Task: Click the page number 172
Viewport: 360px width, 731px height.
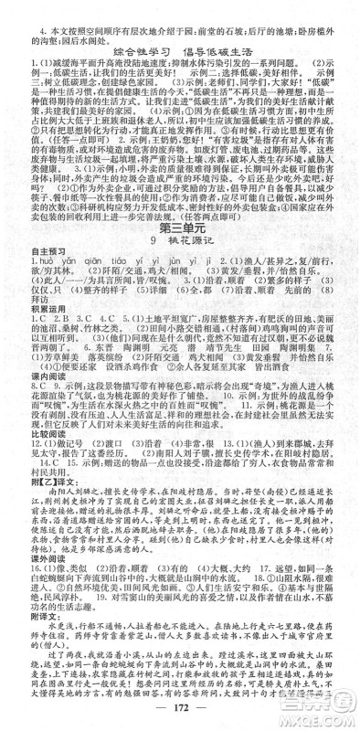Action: coord(180,715)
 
